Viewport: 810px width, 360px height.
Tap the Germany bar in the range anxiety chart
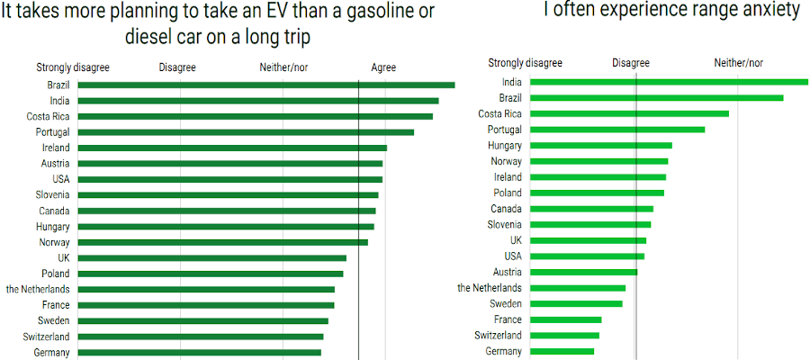pyautogui.click(x=562, y=351)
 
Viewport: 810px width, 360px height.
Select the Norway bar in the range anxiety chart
pyautogui.click(x=598, y=161)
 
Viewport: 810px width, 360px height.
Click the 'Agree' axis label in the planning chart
pyautogui.click(x=383, y=67)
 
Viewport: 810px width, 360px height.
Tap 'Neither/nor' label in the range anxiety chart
pyautogui.click(x=738, y=63)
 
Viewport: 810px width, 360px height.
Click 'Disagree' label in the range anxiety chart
pyautogui.click(x=631, y=63)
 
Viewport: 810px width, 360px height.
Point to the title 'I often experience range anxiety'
pyautogui.click(x=671, y=11)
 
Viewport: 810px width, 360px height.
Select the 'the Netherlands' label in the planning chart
pyautogui.click(x=38, y=289)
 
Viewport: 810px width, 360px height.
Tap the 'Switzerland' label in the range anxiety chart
pyautogui.click(x=498, y=335)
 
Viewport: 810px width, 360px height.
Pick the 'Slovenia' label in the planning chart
pyautogui.click(x=50, y=194)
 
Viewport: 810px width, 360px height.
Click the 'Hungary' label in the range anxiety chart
pyautogui.click(x=504, y=145)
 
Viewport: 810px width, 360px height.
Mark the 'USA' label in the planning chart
pyautogui.click(x=58, y=179)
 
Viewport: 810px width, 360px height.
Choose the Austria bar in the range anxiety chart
pyautogui.click(x=583, y=272)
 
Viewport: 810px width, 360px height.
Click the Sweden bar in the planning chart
pyautogui.click(x=202, y=320)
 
